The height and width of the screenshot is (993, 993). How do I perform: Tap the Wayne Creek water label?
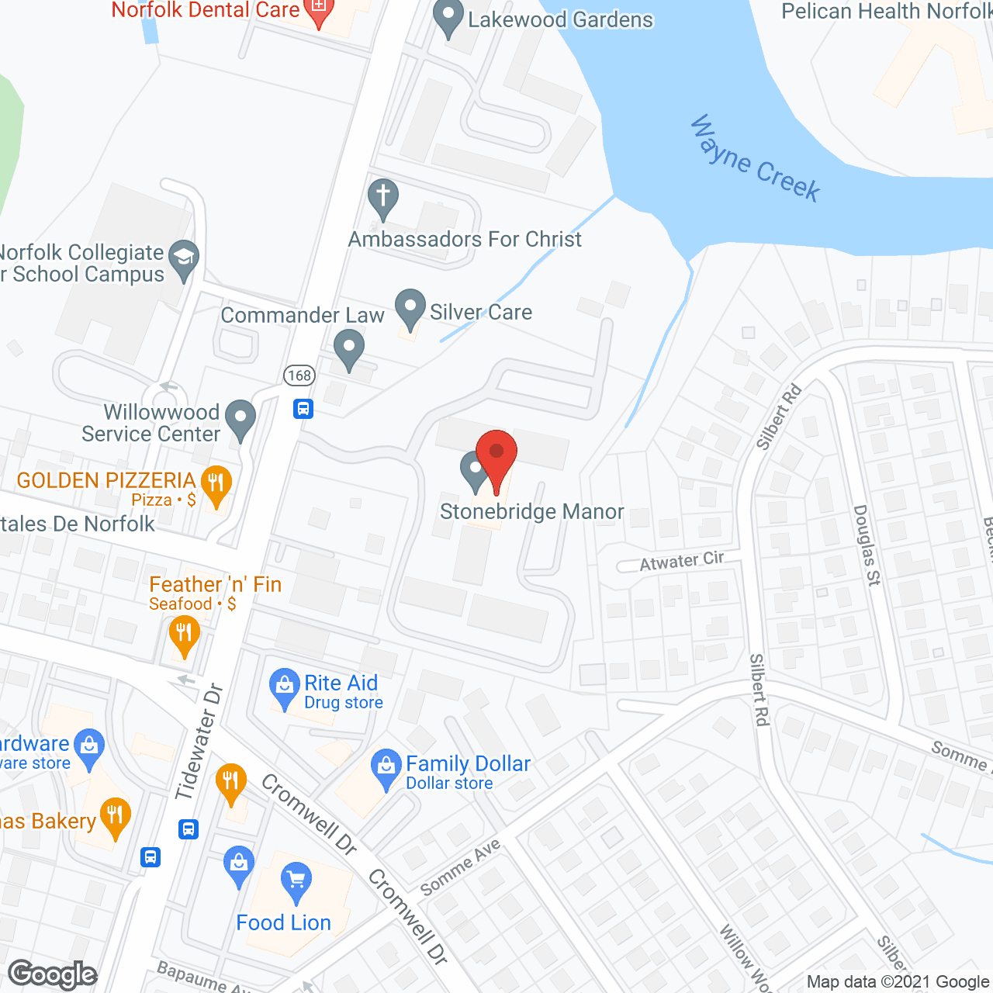click(x=754, y=159)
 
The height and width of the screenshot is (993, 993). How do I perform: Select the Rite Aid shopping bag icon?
click(x=285, y=687)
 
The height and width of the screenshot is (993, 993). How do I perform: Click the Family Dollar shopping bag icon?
click(x=386, y=767)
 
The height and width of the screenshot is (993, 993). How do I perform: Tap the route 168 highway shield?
click(x=299, y=375)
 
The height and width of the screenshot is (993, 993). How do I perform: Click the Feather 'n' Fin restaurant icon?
click(x=184, y=634)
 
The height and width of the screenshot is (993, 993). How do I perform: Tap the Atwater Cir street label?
click(x=681, y=561)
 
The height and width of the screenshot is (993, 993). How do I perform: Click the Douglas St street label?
click(x=867, y=545)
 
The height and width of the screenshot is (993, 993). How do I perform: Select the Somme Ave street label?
click(x=460, y=867)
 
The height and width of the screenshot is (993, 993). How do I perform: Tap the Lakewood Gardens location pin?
click(x=448, y=18)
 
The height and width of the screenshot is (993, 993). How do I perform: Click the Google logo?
click(x=53, y=974)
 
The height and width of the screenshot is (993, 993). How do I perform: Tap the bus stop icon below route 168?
click(x=303, y=408)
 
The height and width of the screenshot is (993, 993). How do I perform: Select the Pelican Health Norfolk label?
click(x=887, y=12)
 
